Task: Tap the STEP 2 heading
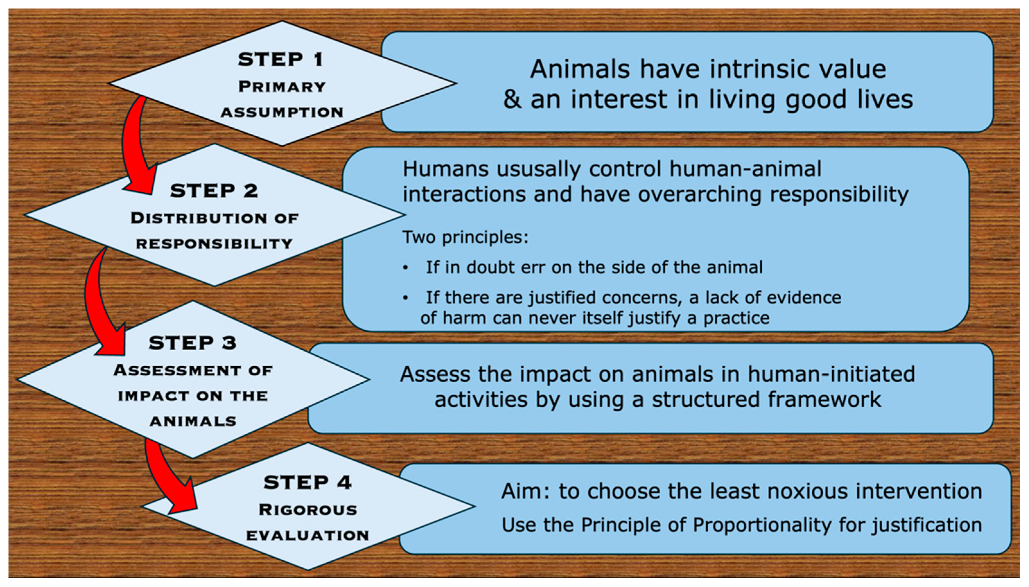tap(214, 191)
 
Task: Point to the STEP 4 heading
tap(307, 482)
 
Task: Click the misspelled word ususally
tap(539, 169)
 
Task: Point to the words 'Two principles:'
tap(465, 237)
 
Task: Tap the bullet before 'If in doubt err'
tap(405, 268)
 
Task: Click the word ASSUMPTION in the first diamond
tap(281, 113)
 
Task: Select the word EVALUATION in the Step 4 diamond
tap(307, 536)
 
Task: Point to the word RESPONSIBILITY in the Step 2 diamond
tap(214, 244)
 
